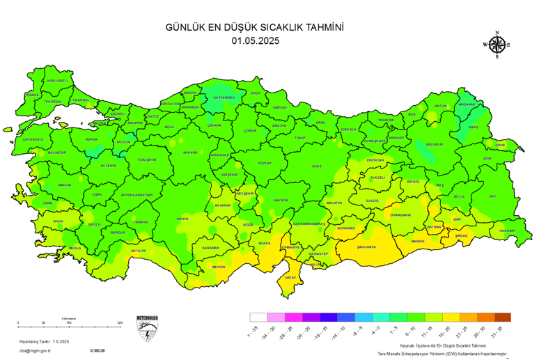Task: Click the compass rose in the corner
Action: pyautogui.click(x=497, y=45)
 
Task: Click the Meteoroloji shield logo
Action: pyautogui.click(x=147, y=329)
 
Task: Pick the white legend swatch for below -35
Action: pyautogui.click(x=258, y=317)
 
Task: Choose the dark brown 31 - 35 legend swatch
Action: pyautogui.click(x=502, y=317)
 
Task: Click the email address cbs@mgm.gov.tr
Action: pyautogui.click(x=35, y=350)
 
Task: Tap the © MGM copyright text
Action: pyautogui.click(x=97, y=350)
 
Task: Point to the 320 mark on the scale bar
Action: pyautogui.click(x=120, y=323)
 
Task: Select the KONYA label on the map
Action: pyautogui.click(x=182, y=219)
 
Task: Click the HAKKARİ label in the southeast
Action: pyautogui.click(x=506, y=230)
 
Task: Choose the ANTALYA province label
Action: pyautogui.click(x=139, y=250)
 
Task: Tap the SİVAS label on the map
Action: pyautogui.click(x=317, y=166)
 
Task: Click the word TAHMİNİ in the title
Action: pyautogui.click(x=320, y=28)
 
